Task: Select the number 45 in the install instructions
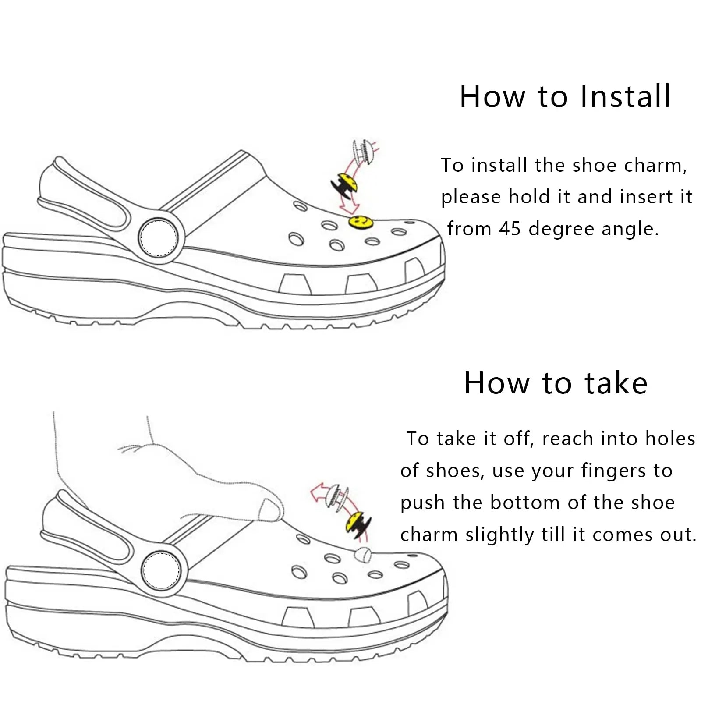510,229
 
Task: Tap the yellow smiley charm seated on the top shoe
358,222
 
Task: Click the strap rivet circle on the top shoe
158,238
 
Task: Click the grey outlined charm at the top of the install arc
364,152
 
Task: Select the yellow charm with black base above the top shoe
345,185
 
